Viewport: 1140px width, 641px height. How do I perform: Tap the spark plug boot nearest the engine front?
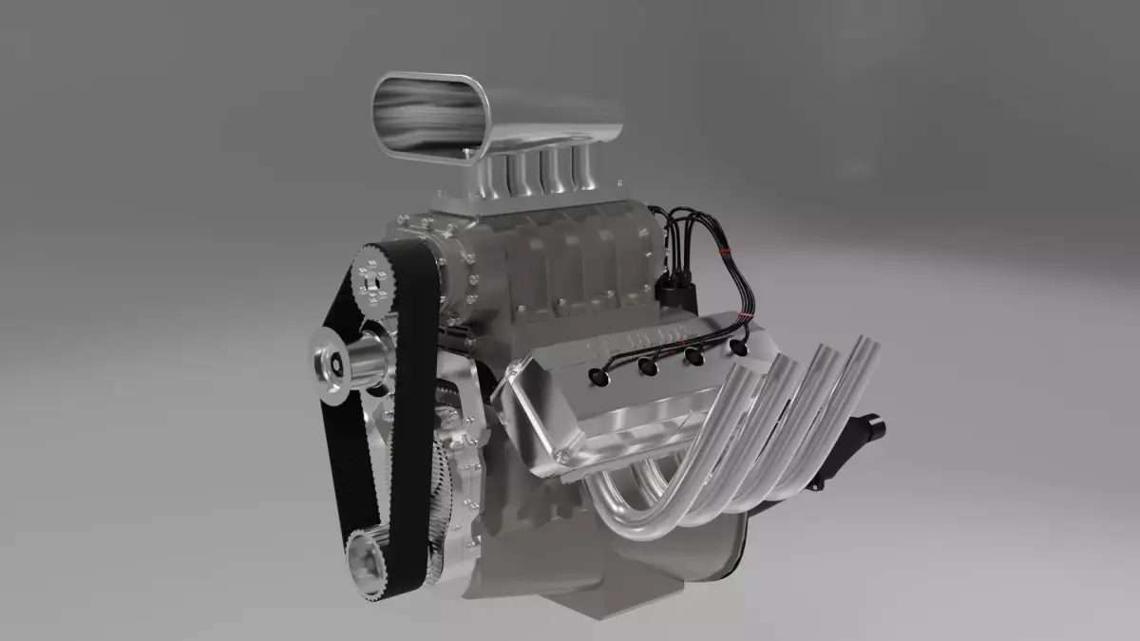click(599, 376)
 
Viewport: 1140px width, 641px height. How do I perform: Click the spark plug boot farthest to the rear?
click(738, 348)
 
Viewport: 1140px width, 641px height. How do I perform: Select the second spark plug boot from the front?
click(649, 366)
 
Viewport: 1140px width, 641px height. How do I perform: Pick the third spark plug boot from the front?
click(694, 356)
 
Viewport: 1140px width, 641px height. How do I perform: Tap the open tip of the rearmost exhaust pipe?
click(865, 343)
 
